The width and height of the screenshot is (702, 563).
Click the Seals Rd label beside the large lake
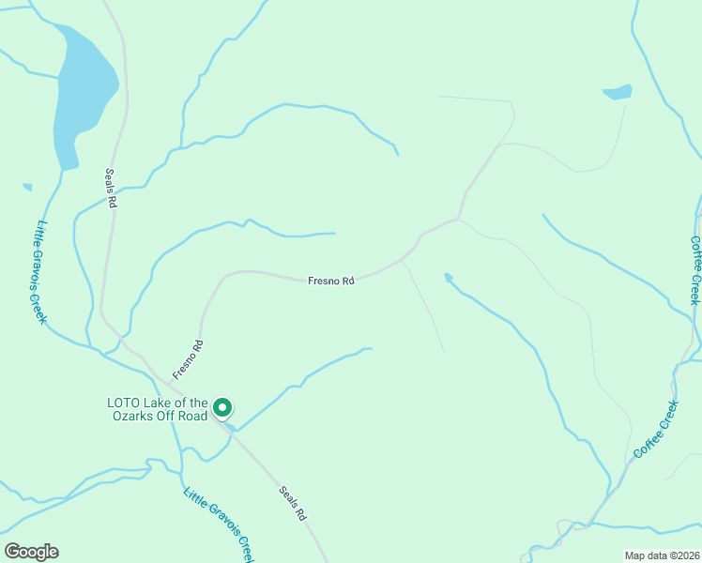click(x=110, y=188)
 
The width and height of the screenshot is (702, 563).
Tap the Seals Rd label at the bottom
click(x=293, y=503)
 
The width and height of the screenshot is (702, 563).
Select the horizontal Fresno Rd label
click(x=331, y=281)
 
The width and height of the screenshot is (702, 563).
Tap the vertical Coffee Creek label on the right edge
click(x=695, y=269)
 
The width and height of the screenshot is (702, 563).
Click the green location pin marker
click(x=222, y=407)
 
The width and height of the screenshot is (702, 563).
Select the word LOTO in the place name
click(x=122, y=403)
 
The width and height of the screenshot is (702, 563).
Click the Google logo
click(x=31, y=552)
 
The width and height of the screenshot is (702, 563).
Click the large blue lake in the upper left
click(x=83, y=94)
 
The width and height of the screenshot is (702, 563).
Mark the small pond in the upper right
click(x=618, y=92)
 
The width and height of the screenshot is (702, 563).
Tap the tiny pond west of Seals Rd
click(x=27, y=187)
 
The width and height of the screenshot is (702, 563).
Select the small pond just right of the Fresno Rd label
click(x=449, y=277)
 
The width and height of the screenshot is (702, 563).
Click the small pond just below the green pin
click(x=230, y=427)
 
